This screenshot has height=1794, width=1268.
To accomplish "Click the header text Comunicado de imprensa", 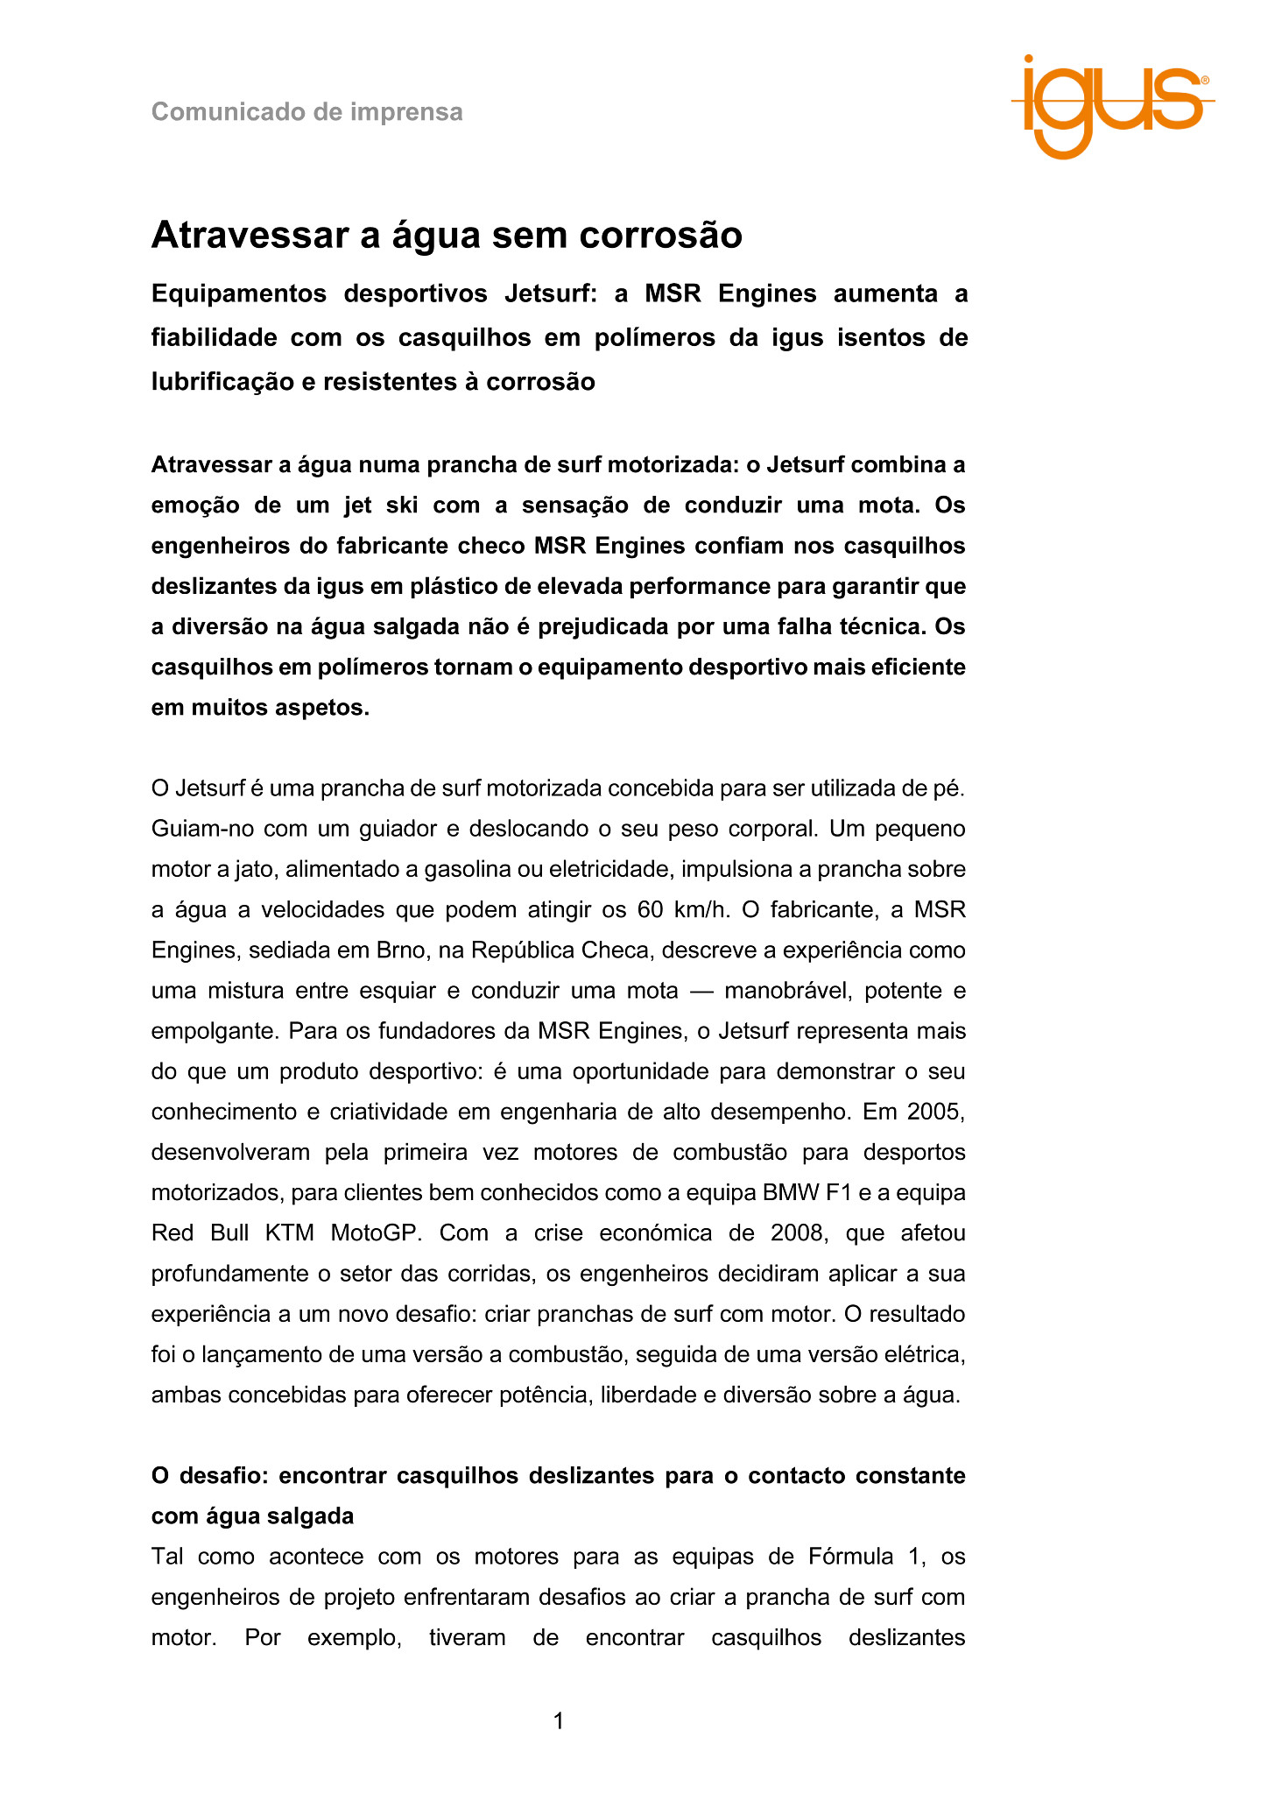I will pos(306,112).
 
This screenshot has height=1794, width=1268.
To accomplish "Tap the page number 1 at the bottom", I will pos(559,1721).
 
